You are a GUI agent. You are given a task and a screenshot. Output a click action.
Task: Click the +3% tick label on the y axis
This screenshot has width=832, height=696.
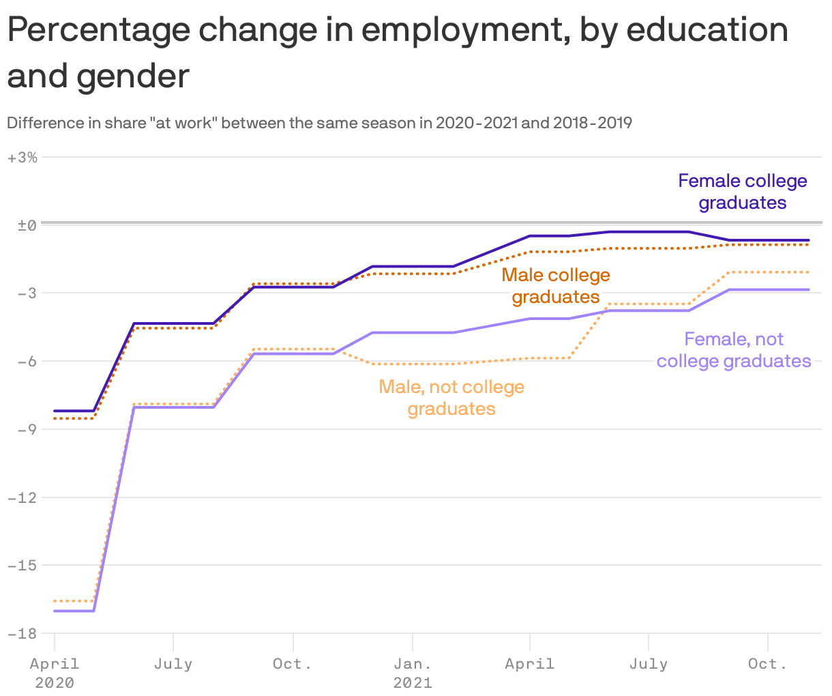point(23,158)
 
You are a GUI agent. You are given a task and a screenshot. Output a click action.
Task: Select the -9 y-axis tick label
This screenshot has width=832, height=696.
point(25,429)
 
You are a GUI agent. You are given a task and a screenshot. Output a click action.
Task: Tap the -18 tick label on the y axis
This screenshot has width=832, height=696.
point(23,633)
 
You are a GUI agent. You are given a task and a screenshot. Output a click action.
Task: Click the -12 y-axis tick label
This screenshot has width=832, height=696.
point(23,497)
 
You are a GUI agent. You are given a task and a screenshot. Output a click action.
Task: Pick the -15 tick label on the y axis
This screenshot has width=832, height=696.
point(23,565)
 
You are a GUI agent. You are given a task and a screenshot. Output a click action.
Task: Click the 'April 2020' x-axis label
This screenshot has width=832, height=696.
point(55,672)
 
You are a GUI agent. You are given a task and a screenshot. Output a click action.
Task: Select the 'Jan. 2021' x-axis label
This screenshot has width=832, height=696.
point(413,672)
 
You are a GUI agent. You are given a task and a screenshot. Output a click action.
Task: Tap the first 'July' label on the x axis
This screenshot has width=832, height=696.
point(173,663)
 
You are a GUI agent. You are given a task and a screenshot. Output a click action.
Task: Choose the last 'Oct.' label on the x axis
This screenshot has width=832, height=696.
point(768,663)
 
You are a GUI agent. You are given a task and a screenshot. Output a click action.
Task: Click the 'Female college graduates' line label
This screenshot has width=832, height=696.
point(742,192)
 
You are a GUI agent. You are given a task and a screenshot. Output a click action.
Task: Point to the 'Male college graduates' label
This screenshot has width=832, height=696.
point(556,286)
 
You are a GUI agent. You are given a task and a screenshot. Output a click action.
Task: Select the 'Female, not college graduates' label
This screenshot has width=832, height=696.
point(734,350)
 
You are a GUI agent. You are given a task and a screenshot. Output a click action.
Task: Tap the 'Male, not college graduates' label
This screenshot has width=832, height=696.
point(451,398)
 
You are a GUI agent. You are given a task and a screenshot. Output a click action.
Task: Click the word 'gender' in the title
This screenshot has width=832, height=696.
point(133,76)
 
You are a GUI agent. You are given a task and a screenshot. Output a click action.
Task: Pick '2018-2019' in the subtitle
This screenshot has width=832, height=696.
point(592,124)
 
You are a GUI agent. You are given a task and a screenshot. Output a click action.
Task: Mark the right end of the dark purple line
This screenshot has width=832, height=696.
point(809,240)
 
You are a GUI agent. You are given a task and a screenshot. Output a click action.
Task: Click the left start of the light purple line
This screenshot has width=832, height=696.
point(55,611)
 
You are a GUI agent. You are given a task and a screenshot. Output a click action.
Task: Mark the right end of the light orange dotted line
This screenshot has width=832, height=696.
point(809,272)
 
